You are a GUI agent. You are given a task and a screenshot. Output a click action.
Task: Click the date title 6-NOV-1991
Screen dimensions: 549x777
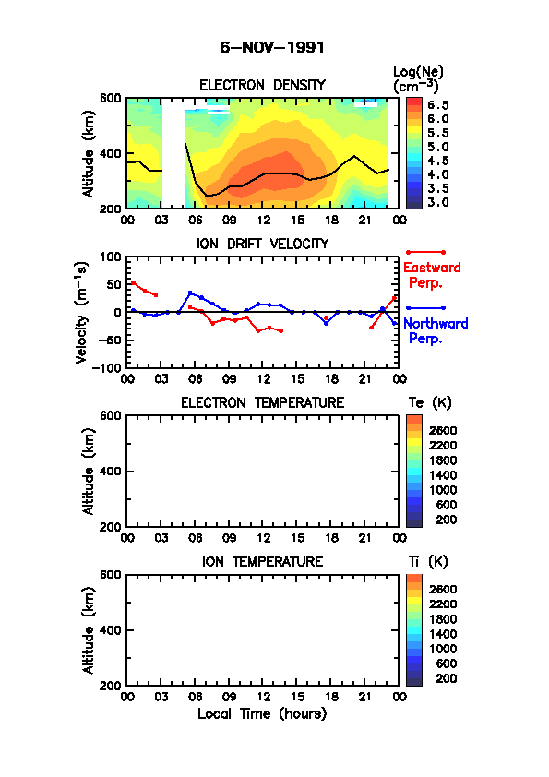pyautogui.click(x=272, y=48)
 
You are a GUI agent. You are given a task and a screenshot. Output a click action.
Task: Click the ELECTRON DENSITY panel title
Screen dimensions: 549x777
pyautogui.click(x=262, y=85)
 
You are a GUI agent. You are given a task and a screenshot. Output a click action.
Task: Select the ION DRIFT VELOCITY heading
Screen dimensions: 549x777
pyautogui.click(x=262, y=244)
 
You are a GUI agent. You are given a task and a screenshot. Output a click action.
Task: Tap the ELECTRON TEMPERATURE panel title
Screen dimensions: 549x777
pyautogui.click(x=262, y=402)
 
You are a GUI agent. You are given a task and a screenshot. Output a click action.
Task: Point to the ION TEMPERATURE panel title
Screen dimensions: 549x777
pyautogui.click(x=262, y=561)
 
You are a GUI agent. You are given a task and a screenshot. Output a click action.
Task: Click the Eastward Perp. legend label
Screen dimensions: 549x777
pyautogui.click(x=432, y=275)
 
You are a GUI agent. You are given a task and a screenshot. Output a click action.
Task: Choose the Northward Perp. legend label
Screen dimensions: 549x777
pyautogui.click(x=435, y=330)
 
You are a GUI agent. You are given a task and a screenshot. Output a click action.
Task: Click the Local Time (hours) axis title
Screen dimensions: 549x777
pyautogui.click(x=262, y=714)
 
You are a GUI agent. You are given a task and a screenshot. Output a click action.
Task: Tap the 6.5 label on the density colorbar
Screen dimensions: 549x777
pyautogui.click(x=437, y=105)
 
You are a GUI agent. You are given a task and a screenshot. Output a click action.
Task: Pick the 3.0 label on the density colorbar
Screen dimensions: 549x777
pyautogui.click(x=437, y=202)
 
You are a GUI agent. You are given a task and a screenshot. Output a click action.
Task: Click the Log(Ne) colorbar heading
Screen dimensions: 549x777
pyautogui.click(x=418, y=78)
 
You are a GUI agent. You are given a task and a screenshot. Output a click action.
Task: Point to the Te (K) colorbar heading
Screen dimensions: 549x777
pyautogui.click(x=430, y=402)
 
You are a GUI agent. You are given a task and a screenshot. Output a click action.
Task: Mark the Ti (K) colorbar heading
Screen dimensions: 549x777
pyautogui.click(x=427, y=561)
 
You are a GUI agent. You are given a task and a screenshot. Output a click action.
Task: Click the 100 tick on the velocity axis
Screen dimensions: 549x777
pyautogui.click(x=110, y=257)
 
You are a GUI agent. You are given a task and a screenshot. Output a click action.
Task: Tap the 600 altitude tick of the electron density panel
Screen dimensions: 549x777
pyautogui.click(x=110, y=98)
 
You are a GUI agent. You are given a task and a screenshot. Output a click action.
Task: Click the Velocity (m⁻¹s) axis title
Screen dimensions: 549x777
pyautogui.click(x=82, y=312)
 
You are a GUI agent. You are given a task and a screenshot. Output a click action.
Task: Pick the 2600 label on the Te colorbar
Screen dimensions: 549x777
pyautogui.click(x=443, y=431)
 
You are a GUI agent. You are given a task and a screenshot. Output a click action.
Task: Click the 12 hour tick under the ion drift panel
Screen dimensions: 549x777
pyautogui.click(x=264, y=379)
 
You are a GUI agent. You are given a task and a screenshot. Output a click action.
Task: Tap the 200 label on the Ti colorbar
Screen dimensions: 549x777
pyautogui.click(x=446, y=678)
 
